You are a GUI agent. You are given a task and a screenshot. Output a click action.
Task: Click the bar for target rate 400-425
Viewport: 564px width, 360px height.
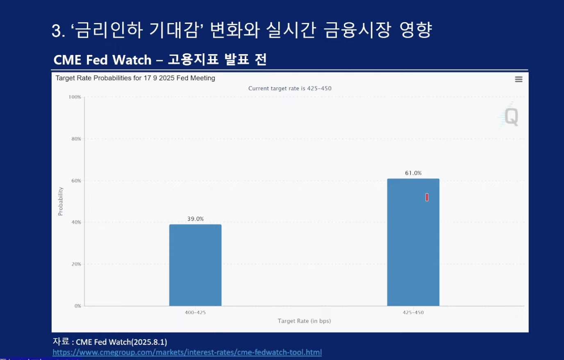click(x=195, y=265)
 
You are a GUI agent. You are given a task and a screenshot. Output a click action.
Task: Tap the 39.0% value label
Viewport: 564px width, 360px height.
click(x=196, y=219)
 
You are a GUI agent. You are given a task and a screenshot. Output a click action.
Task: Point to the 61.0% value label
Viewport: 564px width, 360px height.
click(x=413, y=173)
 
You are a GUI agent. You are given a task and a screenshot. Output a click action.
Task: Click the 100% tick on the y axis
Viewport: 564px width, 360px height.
click(x=75, y=97)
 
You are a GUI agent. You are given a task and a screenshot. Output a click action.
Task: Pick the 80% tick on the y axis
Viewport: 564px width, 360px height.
click(x=76, y=139)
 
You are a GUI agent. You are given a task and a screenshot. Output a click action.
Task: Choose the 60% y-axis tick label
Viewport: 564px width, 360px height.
click(x=76, y=181)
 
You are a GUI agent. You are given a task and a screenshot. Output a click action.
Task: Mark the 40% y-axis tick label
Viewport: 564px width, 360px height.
click(x=76, y=222)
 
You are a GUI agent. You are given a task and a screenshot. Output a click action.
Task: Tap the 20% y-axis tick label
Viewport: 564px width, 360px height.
click(x=76, y=264)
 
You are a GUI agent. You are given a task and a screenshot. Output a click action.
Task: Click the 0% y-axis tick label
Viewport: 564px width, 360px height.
click(x=77, y=306)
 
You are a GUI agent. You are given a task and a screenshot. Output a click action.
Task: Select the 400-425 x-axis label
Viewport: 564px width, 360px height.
click(x=195, y=312)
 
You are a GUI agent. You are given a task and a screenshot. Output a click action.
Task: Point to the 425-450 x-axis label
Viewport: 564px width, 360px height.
click(x=413, y=312)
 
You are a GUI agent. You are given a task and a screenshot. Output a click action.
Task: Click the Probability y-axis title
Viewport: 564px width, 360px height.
click(x=61, y=201)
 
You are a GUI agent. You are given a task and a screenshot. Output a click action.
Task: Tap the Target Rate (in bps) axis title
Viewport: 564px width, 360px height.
click(x=304, y=321)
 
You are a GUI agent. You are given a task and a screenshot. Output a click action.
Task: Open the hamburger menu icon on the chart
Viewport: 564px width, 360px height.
click(x=519, y=79)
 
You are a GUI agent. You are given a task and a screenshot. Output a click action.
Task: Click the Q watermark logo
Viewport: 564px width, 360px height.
click(x=511, y=116)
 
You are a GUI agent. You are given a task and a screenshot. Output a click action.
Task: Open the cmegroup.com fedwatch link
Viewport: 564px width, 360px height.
click(x=187, y=352)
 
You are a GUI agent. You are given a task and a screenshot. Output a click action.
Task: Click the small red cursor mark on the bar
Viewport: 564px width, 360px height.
click(x=427, y=197)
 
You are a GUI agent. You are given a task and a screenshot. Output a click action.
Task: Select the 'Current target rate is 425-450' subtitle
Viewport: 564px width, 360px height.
click(x=290, y=89)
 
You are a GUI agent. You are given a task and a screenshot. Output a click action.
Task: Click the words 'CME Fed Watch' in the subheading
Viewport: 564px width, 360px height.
click(x=102, y=60)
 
